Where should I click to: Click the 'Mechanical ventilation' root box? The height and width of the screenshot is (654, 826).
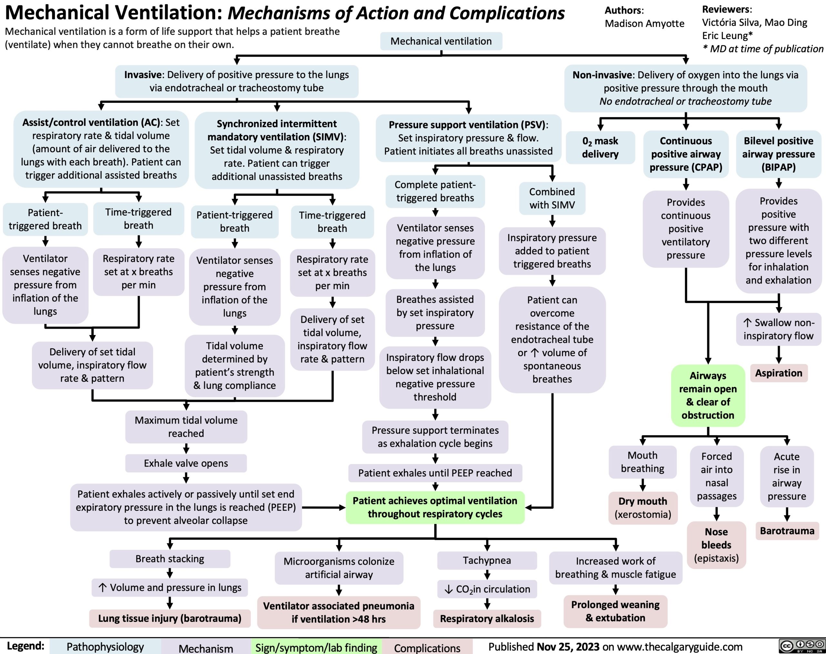[x=441, y=41]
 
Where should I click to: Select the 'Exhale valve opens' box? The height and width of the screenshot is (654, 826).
[x=186, y=463]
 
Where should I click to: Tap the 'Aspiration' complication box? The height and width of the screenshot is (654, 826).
[x=779, y=373]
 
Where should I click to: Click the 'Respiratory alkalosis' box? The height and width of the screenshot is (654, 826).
[x=487, y=619]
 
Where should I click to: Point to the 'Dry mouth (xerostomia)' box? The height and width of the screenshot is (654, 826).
[x=643, y=508]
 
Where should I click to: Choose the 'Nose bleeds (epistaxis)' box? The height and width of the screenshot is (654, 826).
[x=716, y=545]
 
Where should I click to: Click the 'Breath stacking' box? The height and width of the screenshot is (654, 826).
[x=170, y=559]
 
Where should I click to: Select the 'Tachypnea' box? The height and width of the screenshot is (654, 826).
[x=487, y=560]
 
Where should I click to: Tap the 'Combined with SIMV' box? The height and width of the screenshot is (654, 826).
[x=552, y=198]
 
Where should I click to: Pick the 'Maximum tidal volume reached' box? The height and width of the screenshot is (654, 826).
[x=186, y=427]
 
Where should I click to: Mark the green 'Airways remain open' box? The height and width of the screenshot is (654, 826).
[x=708, y=395]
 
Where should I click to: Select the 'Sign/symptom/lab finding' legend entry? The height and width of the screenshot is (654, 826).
[x=316, y=648]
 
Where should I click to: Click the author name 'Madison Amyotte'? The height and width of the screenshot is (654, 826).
[x=644, y=24]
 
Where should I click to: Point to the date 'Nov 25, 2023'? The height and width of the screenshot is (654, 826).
[x=568, y=647]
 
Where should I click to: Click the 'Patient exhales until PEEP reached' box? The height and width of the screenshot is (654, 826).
[x=435, y=473]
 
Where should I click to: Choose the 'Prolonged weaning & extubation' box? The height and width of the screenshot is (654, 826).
[x=615, y=611]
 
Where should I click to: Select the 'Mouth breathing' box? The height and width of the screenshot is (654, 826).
[x=642, y=462]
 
